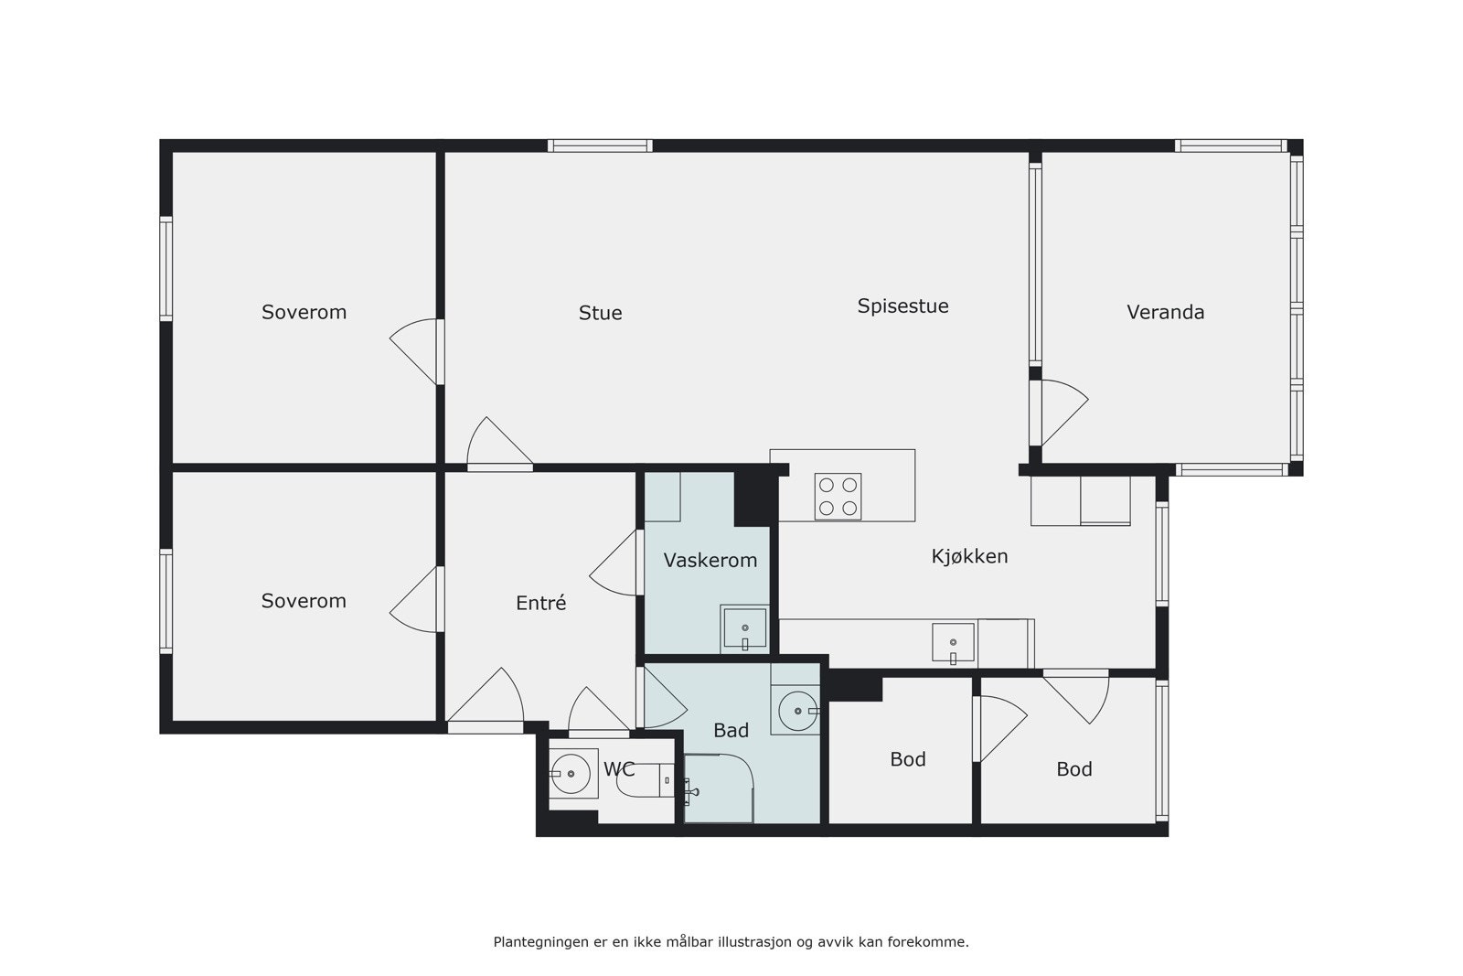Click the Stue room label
coord(600,313)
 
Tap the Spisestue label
coord(902,306)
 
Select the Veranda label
coord(1165,312)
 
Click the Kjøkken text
coord(969,556)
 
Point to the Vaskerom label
coord(710,560)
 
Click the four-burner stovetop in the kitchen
coord(838,497)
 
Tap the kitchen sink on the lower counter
coord(953,642)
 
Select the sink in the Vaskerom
coord(744,627)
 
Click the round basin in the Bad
coord(796,711)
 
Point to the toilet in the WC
coord(640,779)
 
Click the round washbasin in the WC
coord(572,774)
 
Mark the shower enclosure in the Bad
coord(719,788)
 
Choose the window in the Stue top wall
coord(600,145)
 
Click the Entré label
coord(540,603)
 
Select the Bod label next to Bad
coord(907,759)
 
